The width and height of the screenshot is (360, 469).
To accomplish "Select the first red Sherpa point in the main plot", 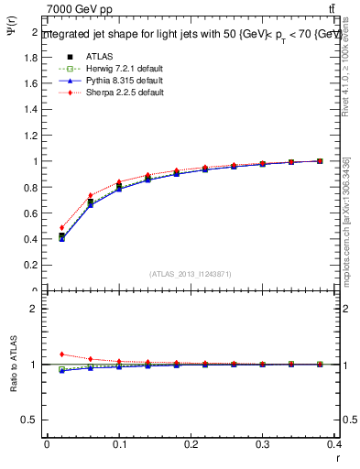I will pos(61,228).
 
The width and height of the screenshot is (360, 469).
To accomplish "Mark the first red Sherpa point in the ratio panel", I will pos(61,354).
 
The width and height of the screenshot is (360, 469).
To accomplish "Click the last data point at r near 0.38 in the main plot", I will pos(320,161).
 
